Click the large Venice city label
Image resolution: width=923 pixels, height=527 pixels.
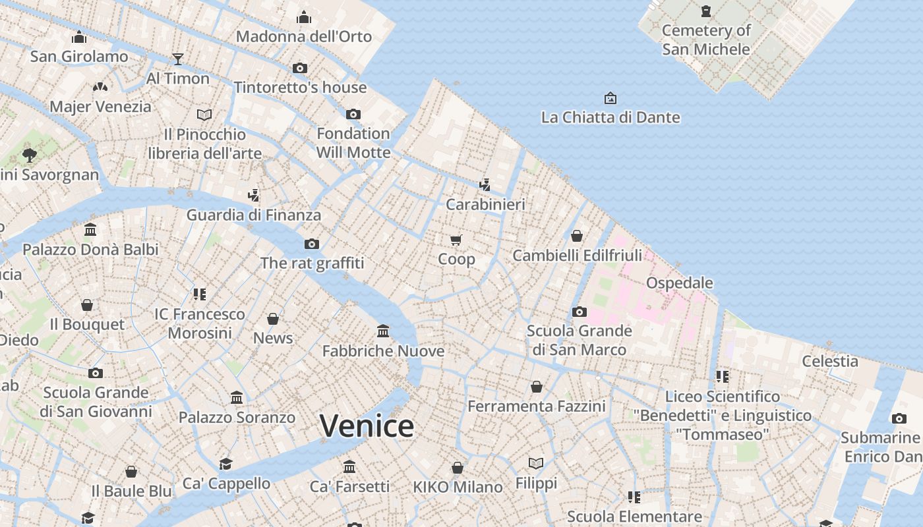point(367,426)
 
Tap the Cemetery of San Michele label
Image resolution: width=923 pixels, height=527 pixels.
point(706,40)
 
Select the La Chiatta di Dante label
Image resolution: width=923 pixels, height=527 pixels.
point(610,117)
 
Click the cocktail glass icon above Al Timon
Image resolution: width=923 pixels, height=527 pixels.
point(177,59)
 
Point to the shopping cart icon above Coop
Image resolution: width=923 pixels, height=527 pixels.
point(456,240)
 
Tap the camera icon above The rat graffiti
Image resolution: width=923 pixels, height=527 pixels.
point(312,244)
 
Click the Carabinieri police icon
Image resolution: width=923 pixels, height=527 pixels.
point(485,184)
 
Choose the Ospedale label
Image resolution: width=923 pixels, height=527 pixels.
point(680,283)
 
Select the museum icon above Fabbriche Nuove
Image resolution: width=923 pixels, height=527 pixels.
point(383,331)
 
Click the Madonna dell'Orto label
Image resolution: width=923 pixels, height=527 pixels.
point(304,36)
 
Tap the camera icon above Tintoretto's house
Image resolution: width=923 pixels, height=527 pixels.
point(300,68)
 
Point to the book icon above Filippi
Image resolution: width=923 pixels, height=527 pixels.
point(536,464)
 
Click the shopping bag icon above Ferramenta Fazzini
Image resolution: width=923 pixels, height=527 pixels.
point(537,387)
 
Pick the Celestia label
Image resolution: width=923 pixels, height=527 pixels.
point(830,361)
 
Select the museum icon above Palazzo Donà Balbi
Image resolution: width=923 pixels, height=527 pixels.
point(90,230)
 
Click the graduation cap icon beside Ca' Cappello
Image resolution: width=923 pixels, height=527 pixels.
point(226,464)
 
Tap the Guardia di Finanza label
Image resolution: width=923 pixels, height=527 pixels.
point(254,215)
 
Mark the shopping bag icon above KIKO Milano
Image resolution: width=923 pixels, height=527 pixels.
point(458,468)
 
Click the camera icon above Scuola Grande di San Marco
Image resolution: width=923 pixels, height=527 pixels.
point(580,312)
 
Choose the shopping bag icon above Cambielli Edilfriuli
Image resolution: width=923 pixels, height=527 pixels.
point(577,236)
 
